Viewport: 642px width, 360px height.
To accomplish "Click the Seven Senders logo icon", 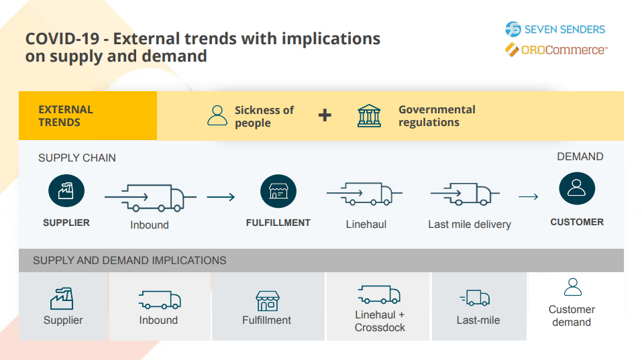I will click(513, 29).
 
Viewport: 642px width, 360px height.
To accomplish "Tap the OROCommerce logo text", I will click(564, 50).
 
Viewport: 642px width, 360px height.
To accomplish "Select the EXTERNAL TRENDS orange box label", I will click(66, 116).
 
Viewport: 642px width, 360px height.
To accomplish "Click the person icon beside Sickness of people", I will click(217, 115).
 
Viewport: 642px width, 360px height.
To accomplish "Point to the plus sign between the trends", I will click(325, 115).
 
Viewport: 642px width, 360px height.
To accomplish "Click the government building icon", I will click(369, 115).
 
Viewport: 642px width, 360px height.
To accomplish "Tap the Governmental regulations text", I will click(437, 116).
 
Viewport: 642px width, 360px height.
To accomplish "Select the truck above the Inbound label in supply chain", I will click(150, 196).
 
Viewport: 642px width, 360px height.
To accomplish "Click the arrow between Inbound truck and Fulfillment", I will click(221, 197).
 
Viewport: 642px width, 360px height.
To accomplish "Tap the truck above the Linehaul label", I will click(366, 194).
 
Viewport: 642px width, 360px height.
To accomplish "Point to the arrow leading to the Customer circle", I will click(529, 197).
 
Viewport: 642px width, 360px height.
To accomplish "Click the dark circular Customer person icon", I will click(577, 190).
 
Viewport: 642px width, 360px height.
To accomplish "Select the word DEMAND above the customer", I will click(580, 157).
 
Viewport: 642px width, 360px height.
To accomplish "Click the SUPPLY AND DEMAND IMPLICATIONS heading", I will click(129, 260).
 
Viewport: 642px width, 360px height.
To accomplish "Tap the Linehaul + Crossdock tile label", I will click(380, 321).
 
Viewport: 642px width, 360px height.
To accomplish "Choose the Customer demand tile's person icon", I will click(572, 288).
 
